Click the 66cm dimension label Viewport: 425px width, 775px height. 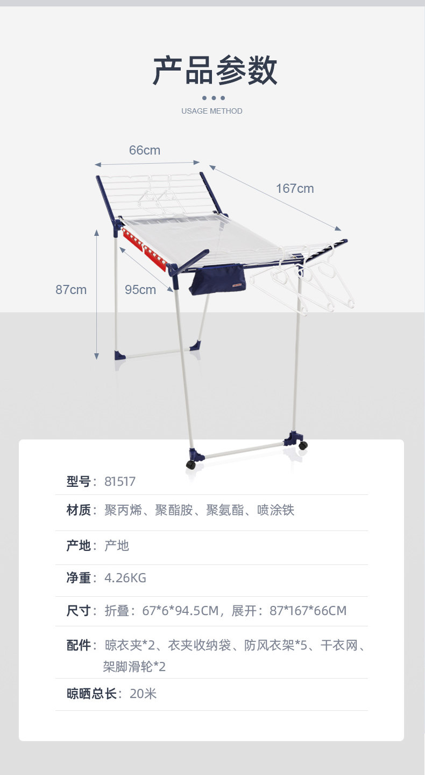(x=144, y=150)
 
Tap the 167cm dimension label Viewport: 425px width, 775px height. (x=295, y=188)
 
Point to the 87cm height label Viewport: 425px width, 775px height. (x=71, y=290)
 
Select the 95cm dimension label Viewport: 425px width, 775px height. (x=140, y=290)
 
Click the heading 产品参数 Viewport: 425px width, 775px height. (x=215, y=71)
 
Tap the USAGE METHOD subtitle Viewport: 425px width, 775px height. (x=212, y=111)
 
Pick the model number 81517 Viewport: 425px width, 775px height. (x=120, y=481)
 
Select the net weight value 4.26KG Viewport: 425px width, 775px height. (x=125, y=578)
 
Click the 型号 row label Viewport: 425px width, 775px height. (x=79, y=481)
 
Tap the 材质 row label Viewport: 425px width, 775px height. (x=79, y=510)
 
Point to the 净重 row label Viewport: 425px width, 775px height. (x=79, y=578)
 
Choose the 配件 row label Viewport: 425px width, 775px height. (x=79, y=645)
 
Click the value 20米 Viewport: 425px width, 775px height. (x=143, y=694)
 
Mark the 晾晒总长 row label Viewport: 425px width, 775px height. (x=91, y=694)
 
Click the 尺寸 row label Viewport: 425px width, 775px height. (x=79, y=611)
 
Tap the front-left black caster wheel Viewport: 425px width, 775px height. (x=190, y=465)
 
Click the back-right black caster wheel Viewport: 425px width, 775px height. (x=303, y=445)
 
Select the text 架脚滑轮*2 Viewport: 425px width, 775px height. (x=134, y=666)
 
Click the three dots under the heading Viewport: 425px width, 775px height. (x=214, y=98)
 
